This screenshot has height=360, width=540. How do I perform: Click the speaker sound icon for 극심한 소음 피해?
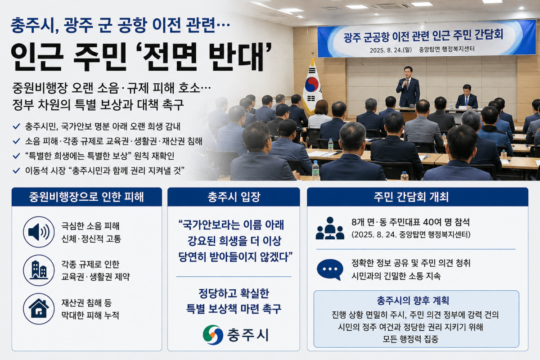[x=39, y=232]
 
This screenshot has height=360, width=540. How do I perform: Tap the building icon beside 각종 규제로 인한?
[x=39, y=270]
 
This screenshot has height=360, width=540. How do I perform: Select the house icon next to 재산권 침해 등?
[x=39, y=309]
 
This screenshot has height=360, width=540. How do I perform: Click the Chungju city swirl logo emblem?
[x=213, y=335]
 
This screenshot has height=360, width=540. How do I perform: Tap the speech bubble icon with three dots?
[x=330, y=270]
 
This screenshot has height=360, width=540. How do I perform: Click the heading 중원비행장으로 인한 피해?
[x=86, y=197]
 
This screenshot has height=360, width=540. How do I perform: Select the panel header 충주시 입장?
[x=234, y=197]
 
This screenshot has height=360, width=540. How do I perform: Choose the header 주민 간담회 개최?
[x=411, y=197]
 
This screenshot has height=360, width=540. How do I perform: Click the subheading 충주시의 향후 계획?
[x=413, y=301]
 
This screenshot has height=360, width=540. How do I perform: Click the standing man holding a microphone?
[x=408, y=87]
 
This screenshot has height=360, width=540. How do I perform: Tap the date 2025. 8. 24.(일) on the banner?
[x=391, y=50]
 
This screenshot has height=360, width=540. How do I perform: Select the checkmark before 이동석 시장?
[x=16, y=171]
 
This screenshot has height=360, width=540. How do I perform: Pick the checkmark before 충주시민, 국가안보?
[x=16, y=126]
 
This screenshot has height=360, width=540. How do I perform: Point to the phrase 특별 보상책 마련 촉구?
[x=234, y=309]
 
